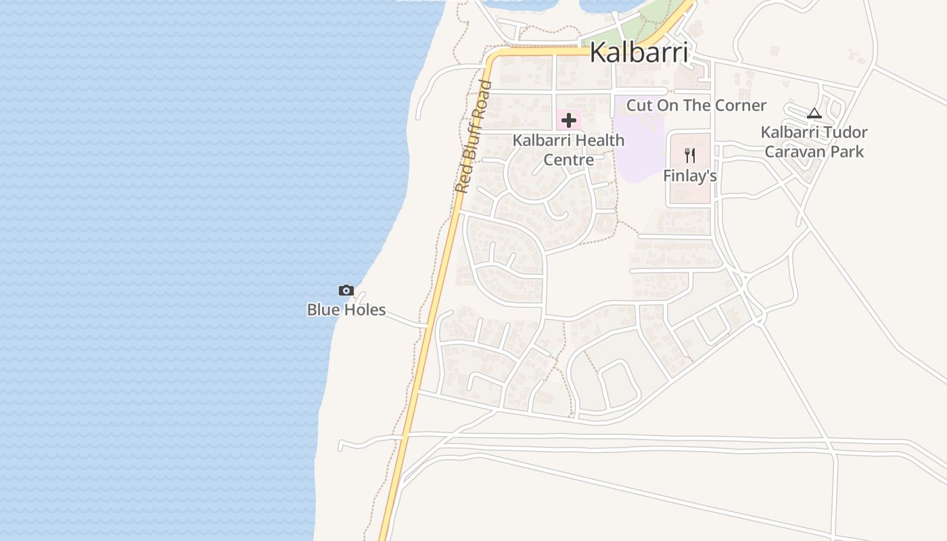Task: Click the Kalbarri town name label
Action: click(x=639, y=52)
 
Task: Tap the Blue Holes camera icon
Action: click(x=346, y=291)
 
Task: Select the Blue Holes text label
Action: click(x=346, y=310)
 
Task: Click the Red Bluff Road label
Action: click(x=473, y=136)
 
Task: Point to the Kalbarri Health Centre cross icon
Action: click(x=569, y=121)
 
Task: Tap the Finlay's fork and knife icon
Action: click(x=690, y=156)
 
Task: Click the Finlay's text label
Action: click(x=689, y=176)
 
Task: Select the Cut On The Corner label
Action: click(x=696, y=105)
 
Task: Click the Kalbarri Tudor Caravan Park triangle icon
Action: click(x=814, y=113)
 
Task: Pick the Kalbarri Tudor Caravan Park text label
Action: click(x=814, y=141)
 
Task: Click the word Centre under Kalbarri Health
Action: click(x=569, y=160)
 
